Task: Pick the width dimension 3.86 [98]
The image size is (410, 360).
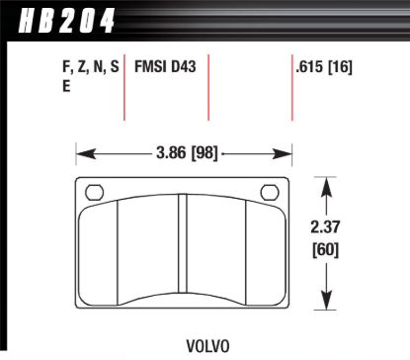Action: pyautogui.click(x=186, y=154)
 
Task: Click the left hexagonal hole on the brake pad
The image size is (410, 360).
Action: pyautogui.click(x=96, y=192)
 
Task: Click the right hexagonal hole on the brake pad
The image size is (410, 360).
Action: pyautogui.click(x=269, y=192)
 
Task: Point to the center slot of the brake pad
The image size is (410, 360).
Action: pyautogui.click(x=183, y=252)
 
